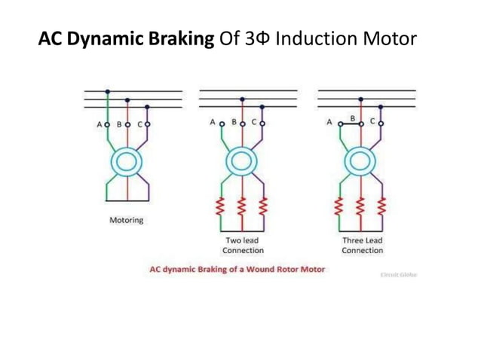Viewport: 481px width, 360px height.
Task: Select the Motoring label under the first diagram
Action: point(126,221)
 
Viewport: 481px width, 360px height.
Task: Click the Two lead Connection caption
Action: point(243,246)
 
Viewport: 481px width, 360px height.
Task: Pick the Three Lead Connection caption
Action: point(362,246)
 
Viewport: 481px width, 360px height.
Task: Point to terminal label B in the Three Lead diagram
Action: point(352,118)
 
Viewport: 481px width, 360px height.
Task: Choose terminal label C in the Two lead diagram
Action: point(254,122)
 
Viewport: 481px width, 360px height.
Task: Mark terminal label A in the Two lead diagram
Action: point(213,122)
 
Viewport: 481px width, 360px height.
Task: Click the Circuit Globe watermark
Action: point(399,275)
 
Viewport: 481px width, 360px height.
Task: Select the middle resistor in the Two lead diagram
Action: point(242,206)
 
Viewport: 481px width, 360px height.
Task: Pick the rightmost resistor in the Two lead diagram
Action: point(263,206)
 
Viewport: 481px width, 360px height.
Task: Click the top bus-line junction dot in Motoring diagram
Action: point(107,91)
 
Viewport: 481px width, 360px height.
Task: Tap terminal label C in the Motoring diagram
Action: point(139,124)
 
